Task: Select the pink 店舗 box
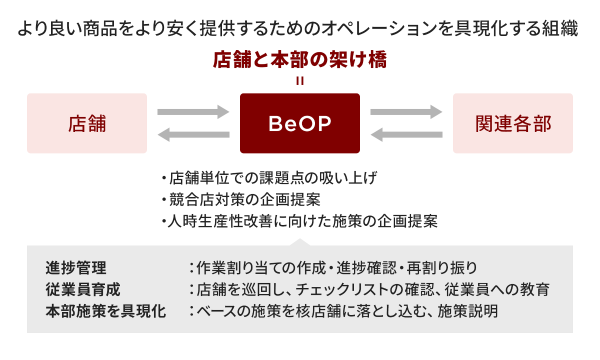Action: [87, 123]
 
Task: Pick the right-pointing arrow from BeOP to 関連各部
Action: [406, 111]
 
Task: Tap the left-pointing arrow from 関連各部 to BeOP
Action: [406, 135]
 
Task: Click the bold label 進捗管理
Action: [76, 268]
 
